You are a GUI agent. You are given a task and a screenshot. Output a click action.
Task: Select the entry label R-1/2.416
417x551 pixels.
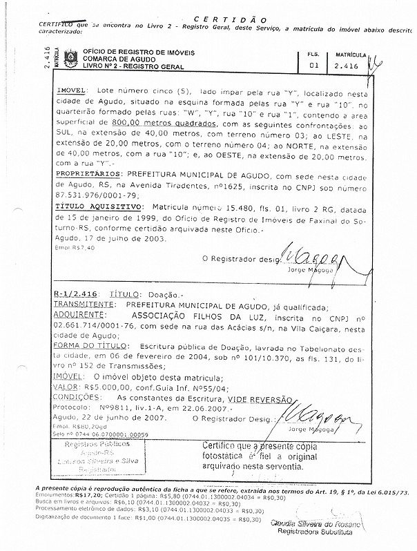[75, 293]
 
